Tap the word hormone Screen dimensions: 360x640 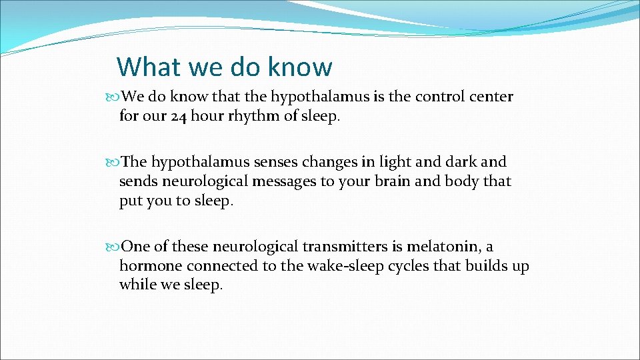click(151, 266)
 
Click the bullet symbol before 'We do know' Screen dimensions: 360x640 click(111, 97)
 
